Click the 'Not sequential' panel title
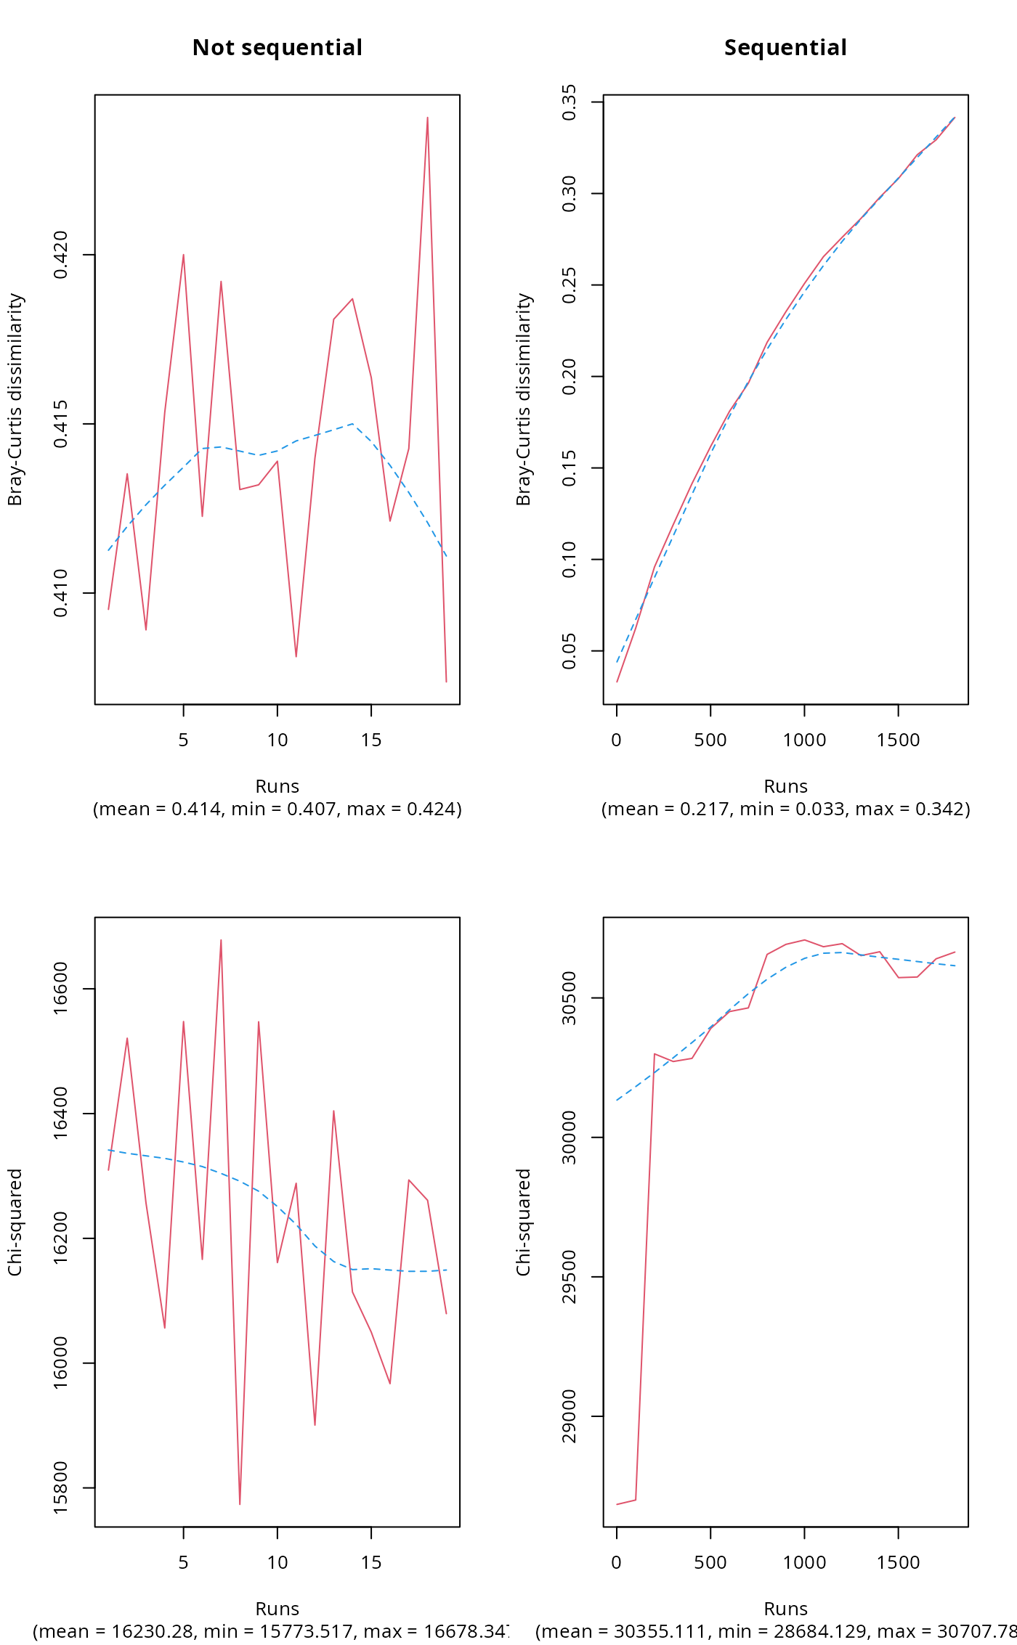click(277, 48)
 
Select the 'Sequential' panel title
click(785, 48)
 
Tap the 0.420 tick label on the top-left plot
click(61, 255)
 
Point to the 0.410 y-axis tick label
click(61, 593)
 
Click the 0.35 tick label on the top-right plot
click(570, 102)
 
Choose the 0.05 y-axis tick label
click(570, 651)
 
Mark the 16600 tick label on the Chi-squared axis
click(61, 988)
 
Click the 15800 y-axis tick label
click(61, 1487)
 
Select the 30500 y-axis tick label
click(570, 998)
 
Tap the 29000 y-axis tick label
click(570, 1416)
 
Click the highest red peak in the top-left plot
click(427, 118)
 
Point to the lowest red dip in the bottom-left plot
click(240, 1503)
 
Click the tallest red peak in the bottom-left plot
click(221, 940)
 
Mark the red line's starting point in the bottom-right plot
click(617, 1503)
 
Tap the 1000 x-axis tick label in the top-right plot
click(804, 740)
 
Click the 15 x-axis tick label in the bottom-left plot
click(371, 1563)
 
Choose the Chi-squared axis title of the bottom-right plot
click(523, 1222)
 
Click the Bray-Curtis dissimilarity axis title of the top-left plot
click(15, 399)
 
